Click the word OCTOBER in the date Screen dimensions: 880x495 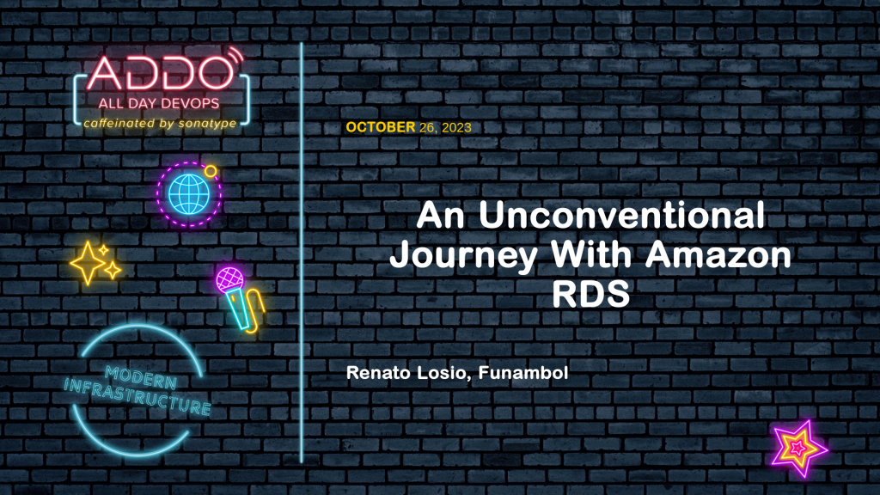pos(381,127)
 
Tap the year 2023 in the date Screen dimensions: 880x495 pos(456,128)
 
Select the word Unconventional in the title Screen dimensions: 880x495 pos(621,216)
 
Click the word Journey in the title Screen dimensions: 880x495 pos(463,256)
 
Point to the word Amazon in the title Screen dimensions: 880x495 pos(718,254)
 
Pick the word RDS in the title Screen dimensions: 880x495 pos(590,293)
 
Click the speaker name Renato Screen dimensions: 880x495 pos(379,373)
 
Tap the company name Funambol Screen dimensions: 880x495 pos(523,373)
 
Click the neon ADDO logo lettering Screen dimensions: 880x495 pos(160,74)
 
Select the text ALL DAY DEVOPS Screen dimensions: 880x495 pos(159,103)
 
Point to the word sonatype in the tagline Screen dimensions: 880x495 pos(208,124)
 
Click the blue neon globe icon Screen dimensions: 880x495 pos(188,194)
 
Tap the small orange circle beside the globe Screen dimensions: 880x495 pos(211,171)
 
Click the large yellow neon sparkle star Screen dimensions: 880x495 pos(88,263)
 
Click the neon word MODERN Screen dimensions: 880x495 pos(141,377)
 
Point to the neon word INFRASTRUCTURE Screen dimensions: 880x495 pos(137,396)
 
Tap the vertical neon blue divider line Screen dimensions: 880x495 pos(302,253)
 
